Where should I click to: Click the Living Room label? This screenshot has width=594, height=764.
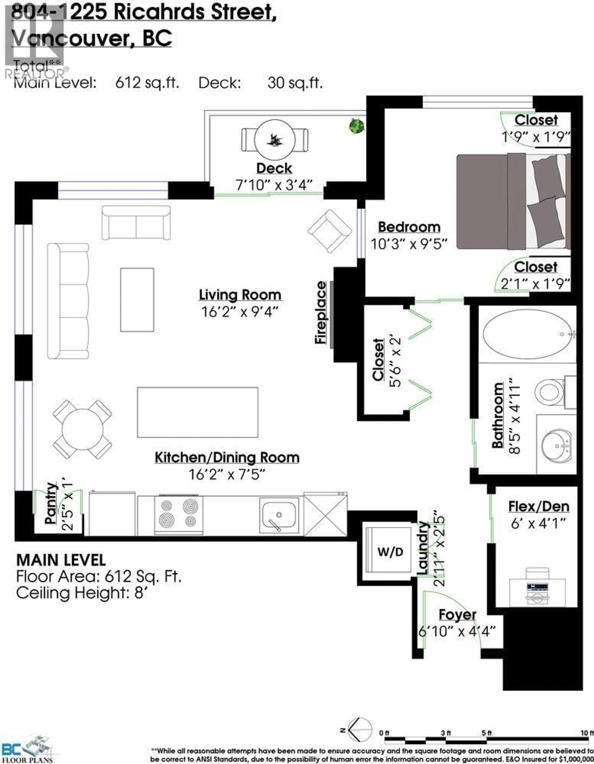(x=240, y=295)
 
